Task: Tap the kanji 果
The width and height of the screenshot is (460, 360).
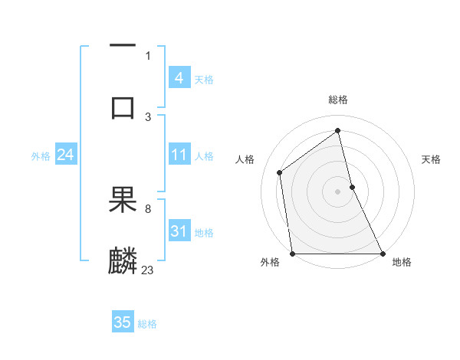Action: click(123, 201)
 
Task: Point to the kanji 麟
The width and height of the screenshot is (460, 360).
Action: click(123, 261)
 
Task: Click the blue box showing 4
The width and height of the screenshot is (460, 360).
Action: click(179, 78)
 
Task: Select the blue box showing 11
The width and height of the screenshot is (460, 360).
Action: click(179, 155)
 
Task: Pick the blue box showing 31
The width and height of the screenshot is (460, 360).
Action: click(179, 231)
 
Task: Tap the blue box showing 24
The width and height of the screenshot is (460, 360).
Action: click(65, 155)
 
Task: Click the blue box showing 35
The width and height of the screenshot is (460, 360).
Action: click(123, 322)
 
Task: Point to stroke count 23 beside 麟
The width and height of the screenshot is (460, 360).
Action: click(147, 270)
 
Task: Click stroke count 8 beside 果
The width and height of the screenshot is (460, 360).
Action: click(147, 208)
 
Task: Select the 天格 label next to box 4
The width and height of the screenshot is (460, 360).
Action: click(204, 79)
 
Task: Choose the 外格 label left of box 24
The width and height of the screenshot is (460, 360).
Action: click(41, 155)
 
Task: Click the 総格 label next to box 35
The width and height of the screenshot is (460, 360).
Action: click(147, 323)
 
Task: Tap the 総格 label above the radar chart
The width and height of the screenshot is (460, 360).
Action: click(338, 100)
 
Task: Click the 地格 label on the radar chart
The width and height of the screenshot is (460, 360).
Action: click(402, 262)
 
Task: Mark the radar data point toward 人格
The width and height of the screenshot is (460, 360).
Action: click(280, 172)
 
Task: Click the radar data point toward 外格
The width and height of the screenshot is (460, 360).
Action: click(292, 254)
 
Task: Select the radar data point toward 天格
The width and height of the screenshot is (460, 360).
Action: click(352, 187)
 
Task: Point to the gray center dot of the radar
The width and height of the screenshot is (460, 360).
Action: click(338, 191)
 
